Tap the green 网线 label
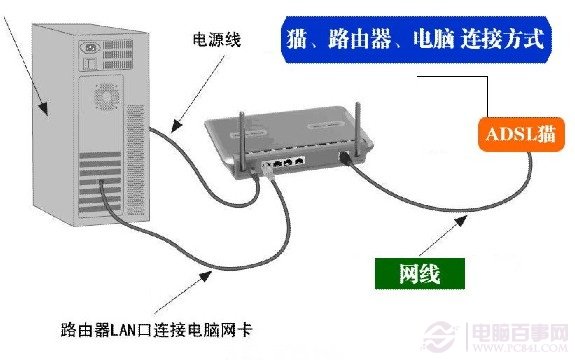[x=419, y=270]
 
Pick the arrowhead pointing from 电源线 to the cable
[x=174, y=127]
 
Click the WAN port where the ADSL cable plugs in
[x=345, y=156]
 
